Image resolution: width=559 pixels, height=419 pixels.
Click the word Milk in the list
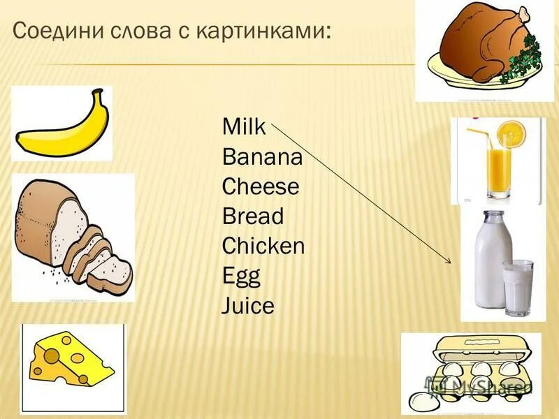[x=244, y=128]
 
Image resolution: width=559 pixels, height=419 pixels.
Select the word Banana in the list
[x=262, y=157]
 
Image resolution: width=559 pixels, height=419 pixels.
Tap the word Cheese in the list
[x=260, y=187]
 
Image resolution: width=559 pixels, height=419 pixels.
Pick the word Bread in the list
[x=253, y=216]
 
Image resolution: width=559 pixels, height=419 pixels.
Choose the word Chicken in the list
[x=263, y=247]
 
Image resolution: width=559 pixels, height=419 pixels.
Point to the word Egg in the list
[x=241, y=277]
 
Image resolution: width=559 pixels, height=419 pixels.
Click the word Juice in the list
[x=248, y=306]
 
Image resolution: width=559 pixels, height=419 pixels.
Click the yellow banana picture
[x=63, y=124]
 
